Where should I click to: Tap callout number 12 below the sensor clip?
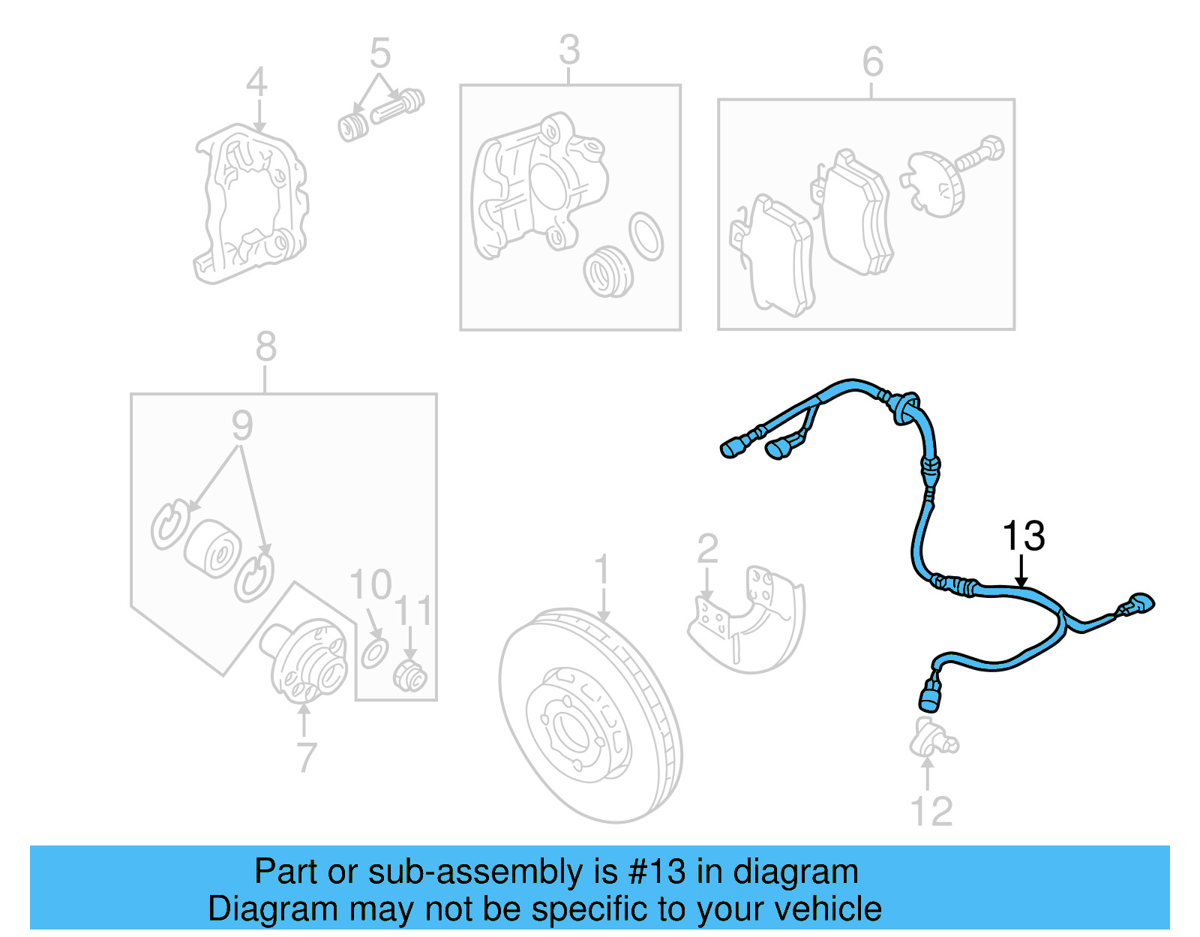[931, 811]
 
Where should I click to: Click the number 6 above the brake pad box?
[872, 62]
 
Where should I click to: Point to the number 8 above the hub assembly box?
[265, 347]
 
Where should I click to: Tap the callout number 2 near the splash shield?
[707, 549]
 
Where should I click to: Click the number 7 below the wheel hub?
[306, 758]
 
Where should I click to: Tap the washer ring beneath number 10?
[375, 653]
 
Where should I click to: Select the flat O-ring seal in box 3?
[646, 236]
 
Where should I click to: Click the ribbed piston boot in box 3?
[607, 271]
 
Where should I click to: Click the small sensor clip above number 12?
[931, 739]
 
